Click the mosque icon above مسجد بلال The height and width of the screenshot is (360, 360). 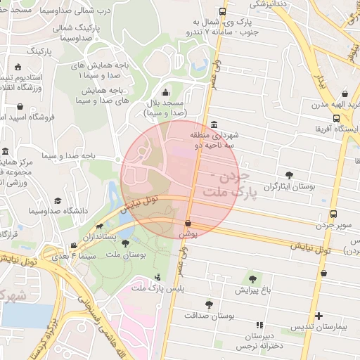point(165,93)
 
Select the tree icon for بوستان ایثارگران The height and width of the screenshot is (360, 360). point(289,175)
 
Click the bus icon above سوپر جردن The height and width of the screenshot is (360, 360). point(333,214)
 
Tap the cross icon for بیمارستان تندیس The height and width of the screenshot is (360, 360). point(319,316)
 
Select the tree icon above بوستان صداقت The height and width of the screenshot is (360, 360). point(209,304)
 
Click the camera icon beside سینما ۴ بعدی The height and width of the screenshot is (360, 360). point(74,246)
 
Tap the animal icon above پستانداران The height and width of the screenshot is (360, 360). point(99,226)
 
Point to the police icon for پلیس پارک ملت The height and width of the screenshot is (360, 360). point(158,276)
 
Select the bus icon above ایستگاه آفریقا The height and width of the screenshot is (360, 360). point(345,118)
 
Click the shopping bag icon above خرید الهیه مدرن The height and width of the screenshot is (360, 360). point(345,94)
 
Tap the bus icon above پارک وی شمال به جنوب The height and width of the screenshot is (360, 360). point(223,12)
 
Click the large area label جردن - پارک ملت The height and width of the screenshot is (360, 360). point(229,182)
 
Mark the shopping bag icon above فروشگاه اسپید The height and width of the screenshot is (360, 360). point(20,107)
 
